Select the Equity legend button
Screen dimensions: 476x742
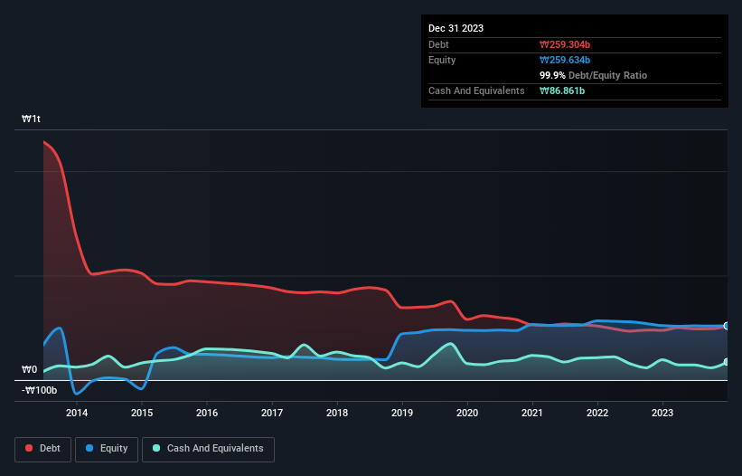tap(106, 449)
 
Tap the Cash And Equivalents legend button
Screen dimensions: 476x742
tap(207, 449)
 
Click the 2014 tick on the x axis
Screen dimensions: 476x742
tap(77, 414)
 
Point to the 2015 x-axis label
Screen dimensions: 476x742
tap(142, 414)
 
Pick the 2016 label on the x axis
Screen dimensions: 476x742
tap(207, 414)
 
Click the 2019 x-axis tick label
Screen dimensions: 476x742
tap(402, 414)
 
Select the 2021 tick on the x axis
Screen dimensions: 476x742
tap(533, 414)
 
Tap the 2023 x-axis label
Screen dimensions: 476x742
tap(663, 414)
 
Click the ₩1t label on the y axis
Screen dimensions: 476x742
tap(32, 119)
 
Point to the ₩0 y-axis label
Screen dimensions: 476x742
tap(30, 369)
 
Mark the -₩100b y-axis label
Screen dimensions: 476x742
tap(40, 390)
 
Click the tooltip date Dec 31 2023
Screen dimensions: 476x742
tap(456, 28)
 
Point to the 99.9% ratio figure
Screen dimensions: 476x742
tap(554, 75)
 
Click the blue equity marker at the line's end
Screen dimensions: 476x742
tap(726, 326)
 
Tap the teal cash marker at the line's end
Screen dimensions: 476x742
tap(726, 362)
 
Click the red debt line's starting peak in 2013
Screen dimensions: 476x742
tap(44, 141)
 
